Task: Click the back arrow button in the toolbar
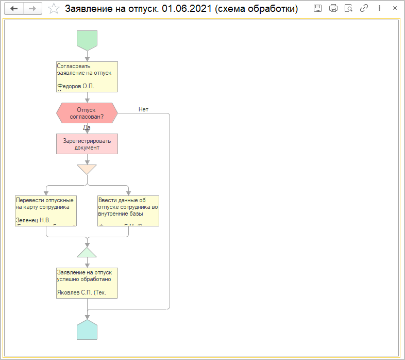14,8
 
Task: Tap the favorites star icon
53,8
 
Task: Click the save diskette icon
317,8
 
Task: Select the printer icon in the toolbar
333,8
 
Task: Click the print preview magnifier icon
348,8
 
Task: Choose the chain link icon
364,8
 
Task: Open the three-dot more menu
379,8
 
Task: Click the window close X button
395,8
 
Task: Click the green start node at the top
87,40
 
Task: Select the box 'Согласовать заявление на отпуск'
87,76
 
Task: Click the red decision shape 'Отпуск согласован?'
87,113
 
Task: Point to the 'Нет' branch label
143,109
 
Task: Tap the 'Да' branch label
87,127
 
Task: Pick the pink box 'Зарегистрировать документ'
87,144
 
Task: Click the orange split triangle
87,169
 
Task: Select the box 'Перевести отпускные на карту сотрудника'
46,210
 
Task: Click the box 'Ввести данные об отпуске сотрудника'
128,210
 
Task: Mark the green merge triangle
87,252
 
